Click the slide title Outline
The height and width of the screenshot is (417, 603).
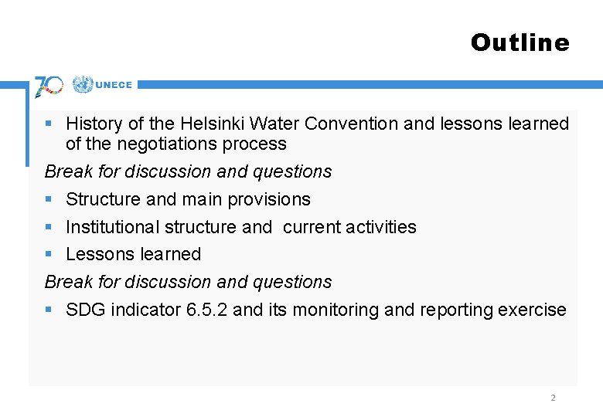(520, 42)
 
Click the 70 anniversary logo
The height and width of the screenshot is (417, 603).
(49, 86)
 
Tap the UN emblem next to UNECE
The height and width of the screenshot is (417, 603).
(82, 84)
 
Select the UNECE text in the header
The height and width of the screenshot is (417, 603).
(114, 85)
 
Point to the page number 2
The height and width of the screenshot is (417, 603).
(552, 398)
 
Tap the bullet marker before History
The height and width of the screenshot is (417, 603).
(49, 124)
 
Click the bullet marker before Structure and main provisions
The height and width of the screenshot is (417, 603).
(49, 199)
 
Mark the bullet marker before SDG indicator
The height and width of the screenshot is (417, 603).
(49, 310)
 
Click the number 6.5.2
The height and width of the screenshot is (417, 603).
(206, 310)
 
